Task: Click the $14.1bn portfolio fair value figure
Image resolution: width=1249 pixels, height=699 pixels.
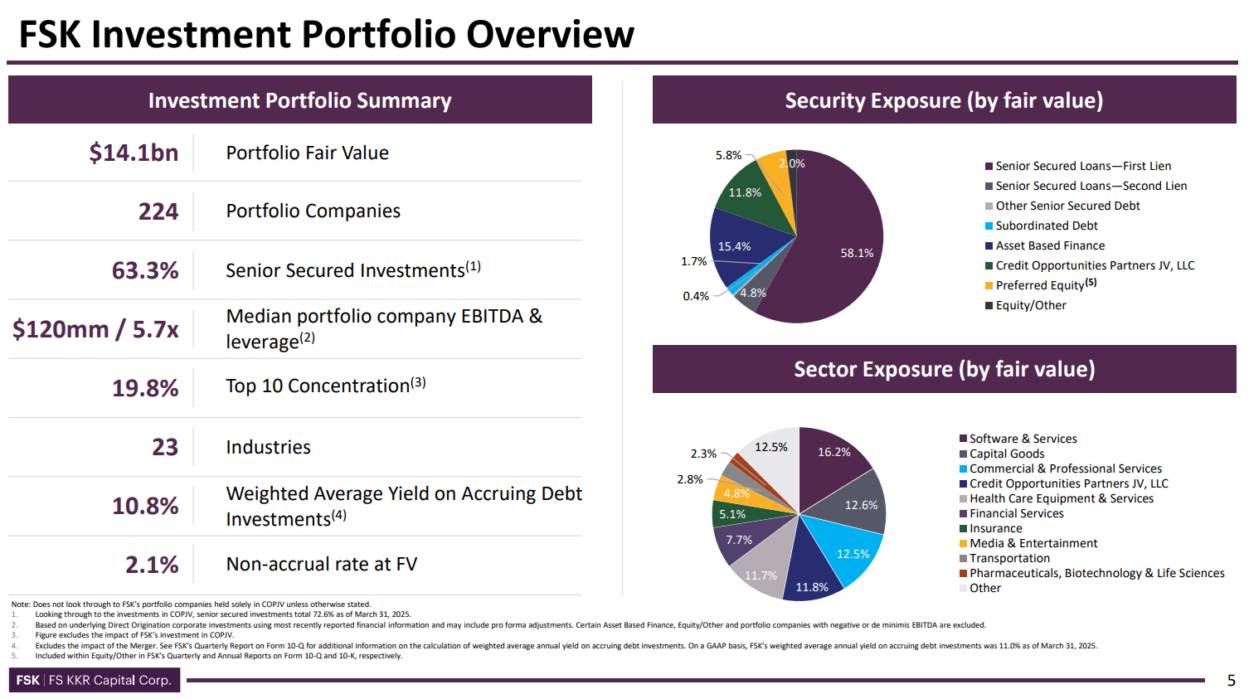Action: (134, 153)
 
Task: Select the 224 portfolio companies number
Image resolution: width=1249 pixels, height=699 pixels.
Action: (158, 211)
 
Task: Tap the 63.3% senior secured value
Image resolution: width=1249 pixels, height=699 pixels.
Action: (145, 270)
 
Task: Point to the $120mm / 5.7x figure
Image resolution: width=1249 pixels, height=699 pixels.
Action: (95, 329)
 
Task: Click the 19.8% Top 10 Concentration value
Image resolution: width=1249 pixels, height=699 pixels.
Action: (145, 388)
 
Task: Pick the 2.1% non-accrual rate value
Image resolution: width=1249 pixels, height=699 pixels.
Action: (152, 565)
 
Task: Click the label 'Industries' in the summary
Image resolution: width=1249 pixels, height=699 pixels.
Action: (268, 447)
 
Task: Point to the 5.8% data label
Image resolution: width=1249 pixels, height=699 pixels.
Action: (728, 155)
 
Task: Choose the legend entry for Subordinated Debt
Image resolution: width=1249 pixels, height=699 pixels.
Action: (1046, 226)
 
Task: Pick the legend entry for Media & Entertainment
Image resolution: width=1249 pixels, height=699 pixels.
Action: (1033, 543)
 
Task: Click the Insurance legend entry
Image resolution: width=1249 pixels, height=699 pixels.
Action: (995, 528)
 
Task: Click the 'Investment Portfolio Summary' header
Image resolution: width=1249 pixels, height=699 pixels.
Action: (299, 100)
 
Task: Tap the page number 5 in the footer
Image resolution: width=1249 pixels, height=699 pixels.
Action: (1231, 681)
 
